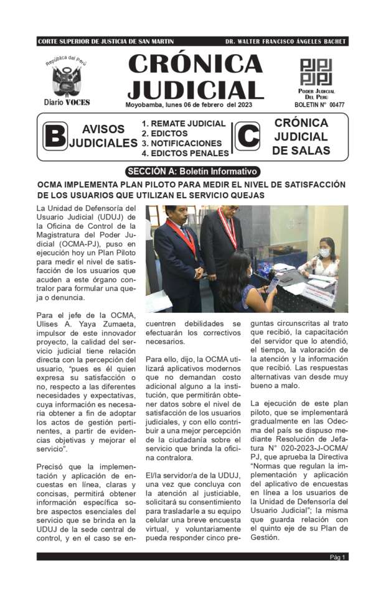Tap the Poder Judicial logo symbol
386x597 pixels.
click(x=316, y=72)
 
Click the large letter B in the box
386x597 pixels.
click(x=55, y=136)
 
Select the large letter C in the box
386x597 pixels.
click(x=247, y=136)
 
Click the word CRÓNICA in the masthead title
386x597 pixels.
click(x=195, y=65)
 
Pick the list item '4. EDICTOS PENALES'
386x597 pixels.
click(x=185, y=153)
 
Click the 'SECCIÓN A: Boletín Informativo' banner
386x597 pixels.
click(x=192, y=172)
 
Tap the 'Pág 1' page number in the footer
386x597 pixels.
click(x=337, y=557)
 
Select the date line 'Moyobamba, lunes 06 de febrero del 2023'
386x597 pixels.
click(x=188, y=104)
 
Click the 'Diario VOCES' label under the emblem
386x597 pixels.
click(x=67, y=102)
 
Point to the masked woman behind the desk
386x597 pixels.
click(x=323, y=254)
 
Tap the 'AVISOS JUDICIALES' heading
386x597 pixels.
click(x=103, y=136)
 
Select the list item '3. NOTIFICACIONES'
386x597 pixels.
click(x=181, y=143)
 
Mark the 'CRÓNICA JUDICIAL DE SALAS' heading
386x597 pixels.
click(x=301, y=137)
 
